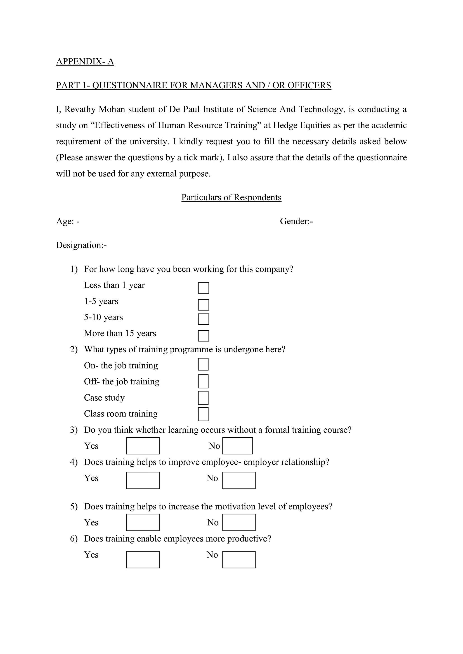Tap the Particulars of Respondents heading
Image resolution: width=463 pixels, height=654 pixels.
[231, 197]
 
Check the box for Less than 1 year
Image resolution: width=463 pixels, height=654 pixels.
[203, 288]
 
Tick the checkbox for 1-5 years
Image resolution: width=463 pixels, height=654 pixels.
[203, 305]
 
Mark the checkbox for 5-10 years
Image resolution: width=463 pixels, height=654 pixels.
[203, 319]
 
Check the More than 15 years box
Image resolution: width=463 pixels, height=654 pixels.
[203, 336]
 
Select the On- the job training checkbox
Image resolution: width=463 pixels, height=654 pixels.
[203, 364]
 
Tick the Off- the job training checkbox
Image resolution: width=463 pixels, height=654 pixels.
[203, 381]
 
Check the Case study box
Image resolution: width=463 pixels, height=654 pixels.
[203, 398]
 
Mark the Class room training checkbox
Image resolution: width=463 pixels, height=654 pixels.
[203, 414]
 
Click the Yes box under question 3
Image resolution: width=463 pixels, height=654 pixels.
[143, 446]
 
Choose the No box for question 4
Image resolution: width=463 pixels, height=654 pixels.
[239, 481]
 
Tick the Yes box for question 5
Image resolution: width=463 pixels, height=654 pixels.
[143, 522]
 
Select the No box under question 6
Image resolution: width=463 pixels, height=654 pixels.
[239, 560]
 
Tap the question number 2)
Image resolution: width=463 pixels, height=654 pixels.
[73, 350]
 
